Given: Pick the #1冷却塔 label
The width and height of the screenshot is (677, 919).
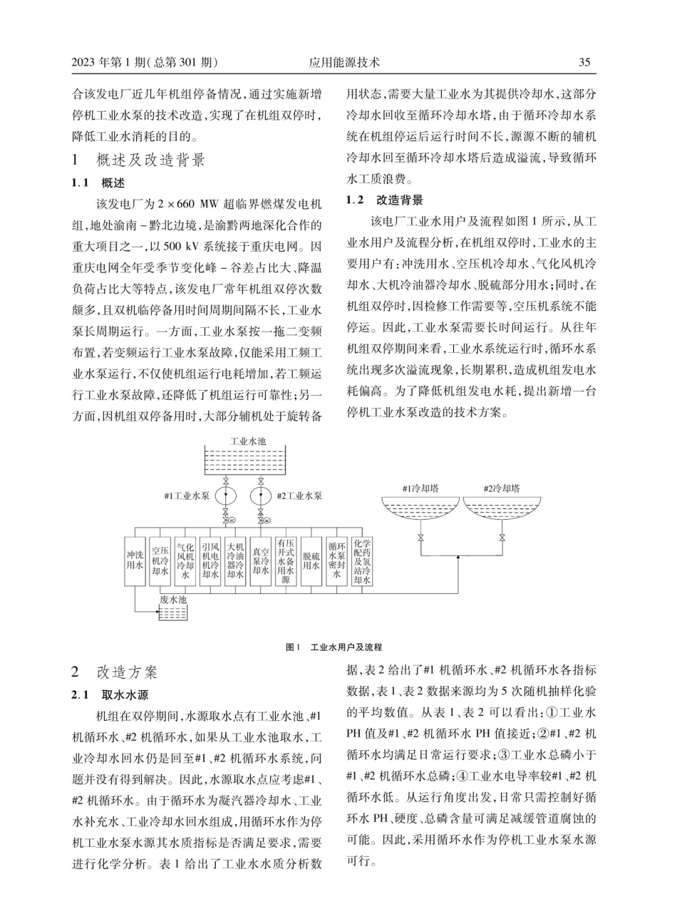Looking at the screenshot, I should (x=420, y=488).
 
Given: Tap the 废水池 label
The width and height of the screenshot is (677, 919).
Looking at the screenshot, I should (x=173, y=600).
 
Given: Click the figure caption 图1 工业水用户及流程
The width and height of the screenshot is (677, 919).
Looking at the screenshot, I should (x=334, y=647).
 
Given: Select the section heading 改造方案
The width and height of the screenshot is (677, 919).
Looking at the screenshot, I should (x=128, y=672).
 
